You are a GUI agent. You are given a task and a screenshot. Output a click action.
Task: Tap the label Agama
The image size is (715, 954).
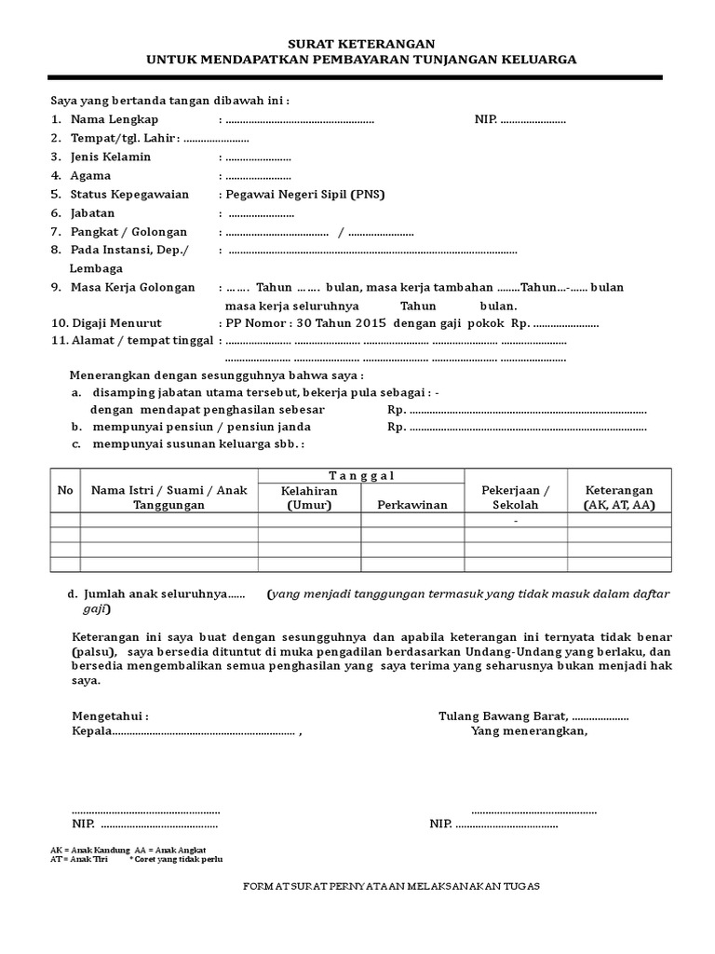89,175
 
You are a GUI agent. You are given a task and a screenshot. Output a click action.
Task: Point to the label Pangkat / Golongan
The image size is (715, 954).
128,231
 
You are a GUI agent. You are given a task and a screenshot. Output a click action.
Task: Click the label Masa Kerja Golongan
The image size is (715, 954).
132,287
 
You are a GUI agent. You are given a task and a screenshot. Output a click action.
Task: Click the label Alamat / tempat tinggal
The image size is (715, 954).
142,341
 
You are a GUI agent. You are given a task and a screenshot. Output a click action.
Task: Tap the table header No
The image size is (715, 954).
65,490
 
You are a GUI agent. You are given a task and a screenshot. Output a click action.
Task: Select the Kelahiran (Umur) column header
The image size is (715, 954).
309,497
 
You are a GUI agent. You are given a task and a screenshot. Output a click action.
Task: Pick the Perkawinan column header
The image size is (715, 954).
412,504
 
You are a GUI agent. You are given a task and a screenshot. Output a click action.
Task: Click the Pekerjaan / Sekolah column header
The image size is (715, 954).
516,497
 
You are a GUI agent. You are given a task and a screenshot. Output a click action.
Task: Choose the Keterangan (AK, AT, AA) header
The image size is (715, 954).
618,497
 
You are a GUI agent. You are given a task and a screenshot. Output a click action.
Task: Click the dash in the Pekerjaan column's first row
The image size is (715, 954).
516,521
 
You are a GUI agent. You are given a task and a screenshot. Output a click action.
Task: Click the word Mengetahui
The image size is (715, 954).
109,715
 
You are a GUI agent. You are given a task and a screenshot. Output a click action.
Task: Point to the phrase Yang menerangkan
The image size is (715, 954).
529,731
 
